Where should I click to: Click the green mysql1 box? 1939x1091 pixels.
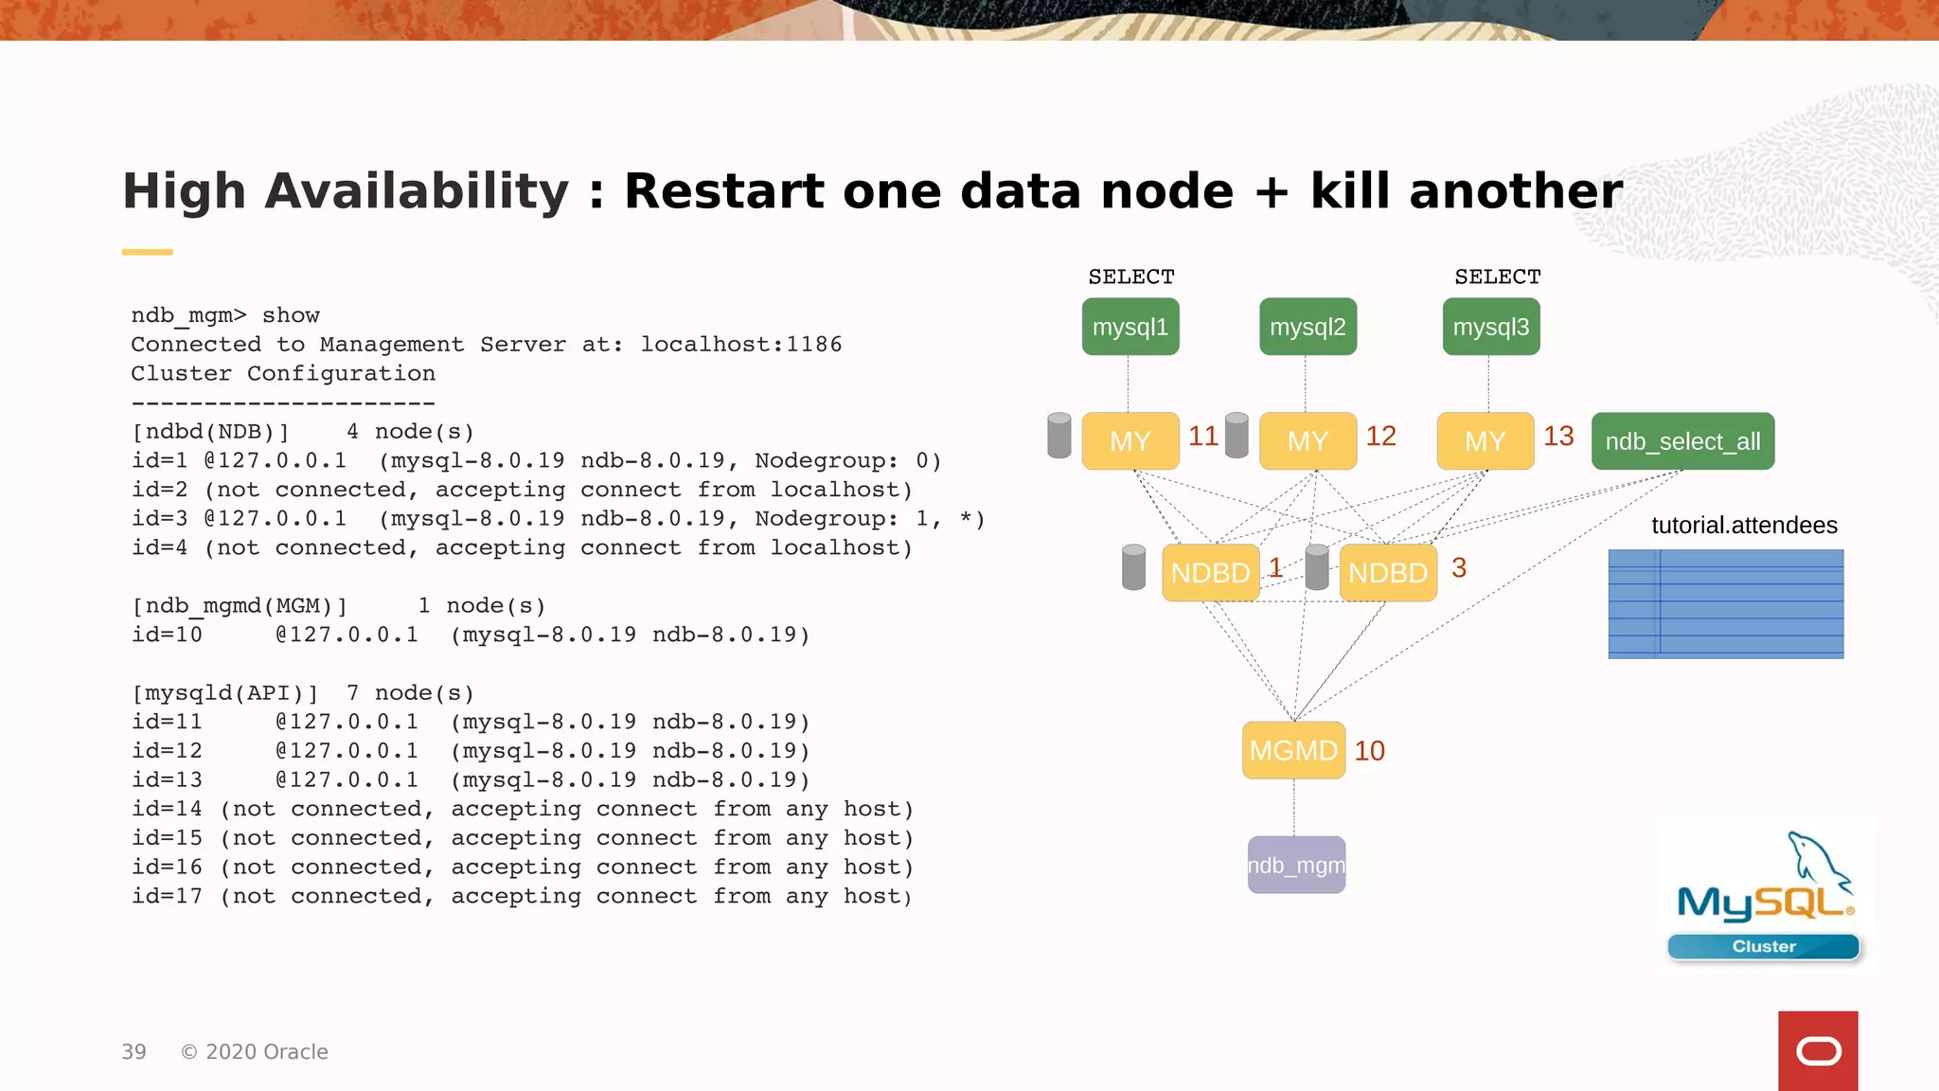[x=1130, y=327]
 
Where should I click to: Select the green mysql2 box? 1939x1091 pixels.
[x=1307, y=327]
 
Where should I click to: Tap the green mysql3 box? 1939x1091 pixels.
[x=1491, y=327]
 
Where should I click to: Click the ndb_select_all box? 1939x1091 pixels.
[x=1682, y=441]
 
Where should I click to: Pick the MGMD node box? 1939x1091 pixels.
[x=1293, y=750]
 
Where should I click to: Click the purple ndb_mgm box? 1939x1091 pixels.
[x=1296, y=865]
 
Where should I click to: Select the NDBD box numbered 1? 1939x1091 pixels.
[x=1210, y=572]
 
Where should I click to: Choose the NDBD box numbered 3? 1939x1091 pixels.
[x=1388, y=572]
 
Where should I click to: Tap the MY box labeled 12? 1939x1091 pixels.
[x=1307, y=441]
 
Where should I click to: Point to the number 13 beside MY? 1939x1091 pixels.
[x=1558, y=436]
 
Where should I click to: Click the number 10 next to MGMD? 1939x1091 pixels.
[x=1369, y=750]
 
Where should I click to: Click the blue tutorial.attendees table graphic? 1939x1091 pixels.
[x=1725, y=603]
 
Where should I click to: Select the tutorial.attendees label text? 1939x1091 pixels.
[x=1744, y=526]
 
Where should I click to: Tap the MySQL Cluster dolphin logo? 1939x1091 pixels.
[x=1765, y=895]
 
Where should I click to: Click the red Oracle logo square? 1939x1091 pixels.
[x=1818, y=1050]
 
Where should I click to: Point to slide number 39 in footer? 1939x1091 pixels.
[x=133, y=1052]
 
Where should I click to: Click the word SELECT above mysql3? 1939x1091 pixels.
[x=1497, y=277]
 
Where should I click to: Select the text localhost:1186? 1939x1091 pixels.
[x=740, y=344]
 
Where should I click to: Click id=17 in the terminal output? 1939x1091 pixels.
[x=167, y=896]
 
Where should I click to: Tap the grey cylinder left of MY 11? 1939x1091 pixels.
[x=1059, y=436]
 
